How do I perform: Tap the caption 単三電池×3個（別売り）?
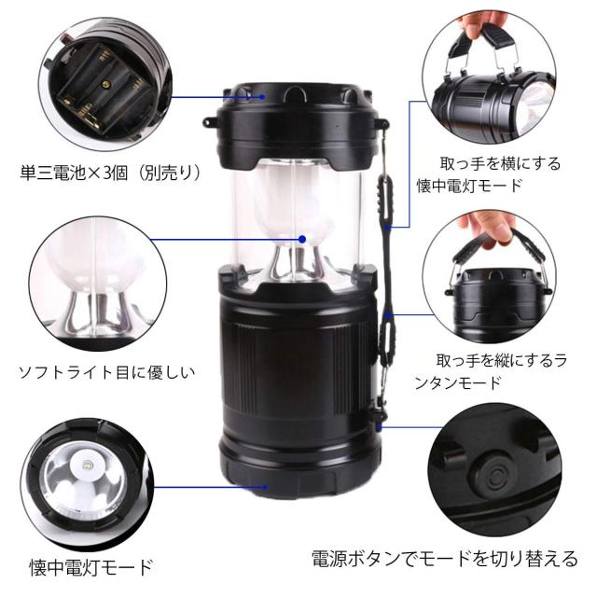click(110, 174)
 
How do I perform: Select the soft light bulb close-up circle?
click(98, 284)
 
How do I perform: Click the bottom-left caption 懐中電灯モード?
click(91, 567)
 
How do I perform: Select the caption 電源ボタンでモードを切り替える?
click(445, 559)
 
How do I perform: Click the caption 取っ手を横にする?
click(500, 164)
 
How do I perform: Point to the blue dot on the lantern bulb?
click(302, 240)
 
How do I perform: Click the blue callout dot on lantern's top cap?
click(262, 97)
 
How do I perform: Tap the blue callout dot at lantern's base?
click(265, 487)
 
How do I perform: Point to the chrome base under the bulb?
click(298, 263)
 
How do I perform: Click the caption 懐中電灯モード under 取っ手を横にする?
click(469, 187)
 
